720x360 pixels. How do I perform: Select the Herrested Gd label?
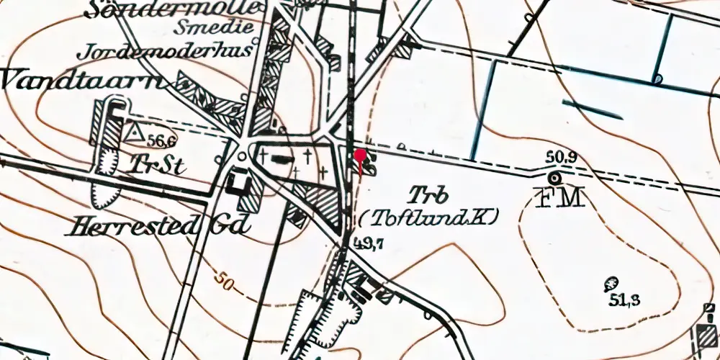(x=159, y=228)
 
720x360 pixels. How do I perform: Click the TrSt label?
(x=157, y=166)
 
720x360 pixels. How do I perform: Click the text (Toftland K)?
(x=428, y=216)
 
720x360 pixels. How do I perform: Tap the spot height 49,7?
(x=369, y=246)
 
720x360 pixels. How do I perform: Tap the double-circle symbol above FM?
(x=555, y=177)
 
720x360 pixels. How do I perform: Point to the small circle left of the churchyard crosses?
(x=243, y=156)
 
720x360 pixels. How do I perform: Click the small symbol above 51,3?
(x=612, y=283)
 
